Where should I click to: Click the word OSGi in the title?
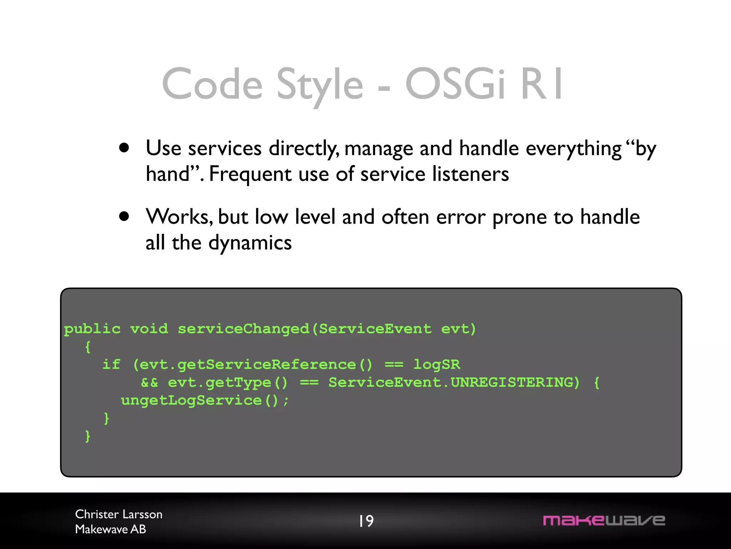point(455,84)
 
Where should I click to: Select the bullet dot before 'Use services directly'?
point(124,148)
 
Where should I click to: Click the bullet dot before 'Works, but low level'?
point(124,217)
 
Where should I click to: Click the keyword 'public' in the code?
point(92,329)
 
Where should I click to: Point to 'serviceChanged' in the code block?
point(243,329)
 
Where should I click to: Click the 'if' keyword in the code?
point(111,365)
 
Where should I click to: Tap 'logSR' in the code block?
point(437,365)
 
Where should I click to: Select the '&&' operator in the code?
point(149,382)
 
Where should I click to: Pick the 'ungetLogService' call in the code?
point(191,400)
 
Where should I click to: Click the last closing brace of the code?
point(87,436)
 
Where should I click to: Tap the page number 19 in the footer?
point(366,521)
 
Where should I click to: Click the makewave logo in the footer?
point(604,520)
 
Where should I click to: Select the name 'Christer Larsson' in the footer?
point(119,514)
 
